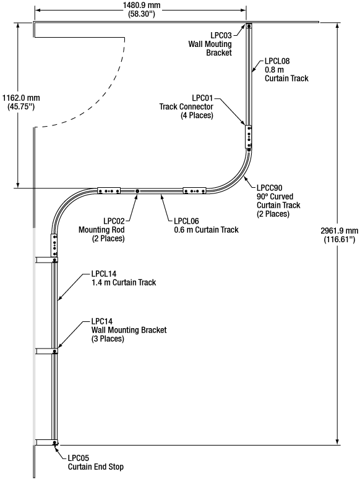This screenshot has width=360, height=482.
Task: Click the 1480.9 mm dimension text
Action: click(x=142, y=5)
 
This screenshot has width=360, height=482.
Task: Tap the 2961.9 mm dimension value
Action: click(x=340, y=230)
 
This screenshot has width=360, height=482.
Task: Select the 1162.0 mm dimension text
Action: click(x=21, y=98)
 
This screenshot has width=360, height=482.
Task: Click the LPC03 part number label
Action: click(x=221, y=35)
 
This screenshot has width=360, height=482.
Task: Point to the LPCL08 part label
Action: click(x=277, y=61)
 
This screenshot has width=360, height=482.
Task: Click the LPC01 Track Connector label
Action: click(x=186, y=107)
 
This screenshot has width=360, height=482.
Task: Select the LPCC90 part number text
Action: click(x=269, y=188)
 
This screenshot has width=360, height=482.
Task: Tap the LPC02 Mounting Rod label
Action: click(x=101, y=230)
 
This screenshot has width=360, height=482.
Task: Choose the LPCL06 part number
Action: click(x=186, y=221)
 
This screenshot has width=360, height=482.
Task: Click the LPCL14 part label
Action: click(x=104, y=274)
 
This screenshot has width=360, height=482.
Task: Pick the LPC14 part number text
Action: click(x=102, y=321)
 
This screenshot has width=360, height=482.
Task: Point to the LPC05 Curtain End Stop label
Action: click(x=96, y=463)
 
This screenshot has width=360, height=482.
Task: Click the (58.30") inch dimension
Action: click(x=141, y=14)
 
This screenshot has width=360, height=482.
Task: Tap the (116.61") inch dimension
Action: click(x=340, y=239)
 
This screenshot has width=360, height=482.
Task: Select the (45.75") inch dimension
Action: click(x=21, y=107)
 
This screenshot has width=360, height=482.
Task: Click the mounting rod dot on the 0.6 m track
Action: click(x=137, y=191)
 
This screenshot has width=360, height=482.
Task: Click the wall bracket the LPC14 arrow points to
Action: click(x=46, y=351)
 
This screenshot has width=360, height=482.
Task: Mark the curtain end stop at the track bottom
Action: click(x=55, y=443)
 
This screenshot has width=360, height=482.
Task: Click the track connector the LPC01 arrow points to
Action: click(x=249, y=137)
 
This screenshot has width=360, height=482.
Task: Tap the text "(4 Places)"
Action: click(x=197, y=116)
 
